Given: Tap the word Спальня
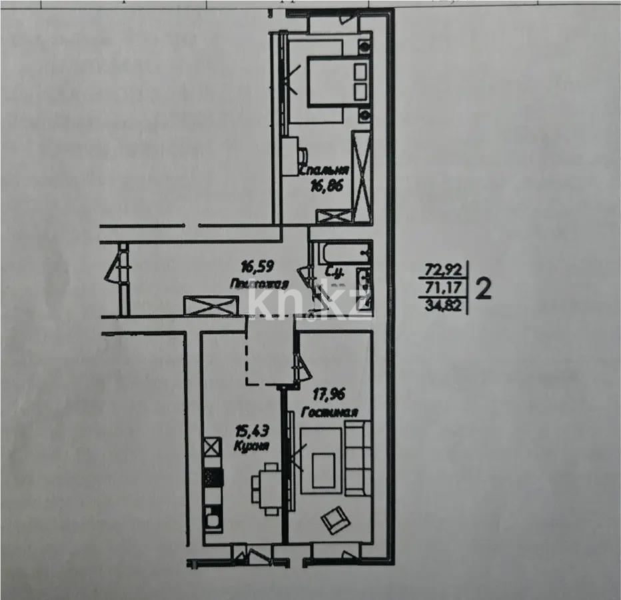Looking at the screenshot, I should click(324, 171).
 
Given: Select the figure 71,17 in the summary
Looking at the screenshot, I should click(443, 289).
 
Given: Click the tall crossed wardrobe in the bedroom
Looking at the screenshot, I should click(362, 170).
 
